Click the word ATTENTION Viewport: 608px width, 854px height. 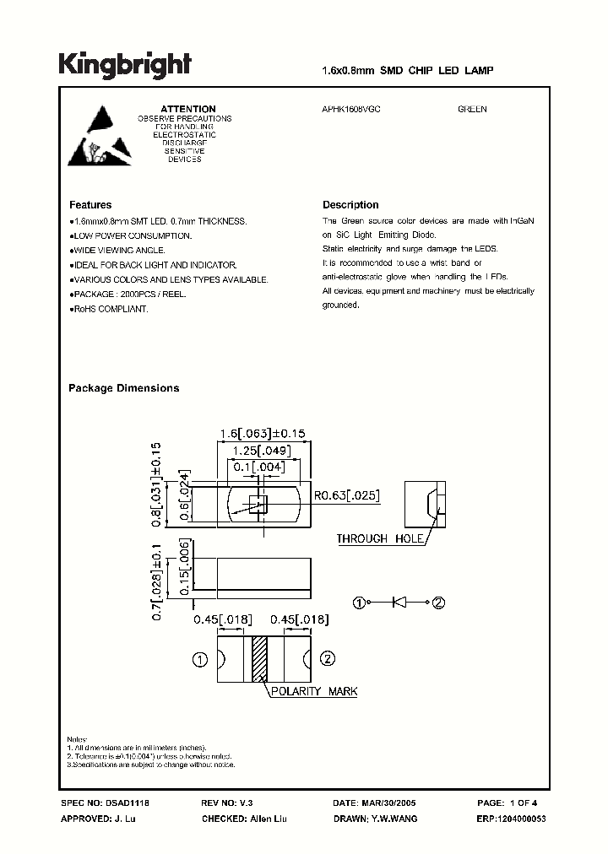coord(188,109)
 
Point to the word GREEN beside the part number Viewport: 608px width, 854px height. coord(472,109)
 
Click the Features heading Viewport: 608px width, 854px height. coord(90,205)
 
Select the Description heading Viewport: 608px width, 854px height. coord(350,205)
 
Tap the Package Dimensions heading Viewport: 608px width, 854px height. coord(123,388)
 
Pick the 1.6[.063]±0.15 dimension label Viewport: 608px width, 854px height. coord(262,434)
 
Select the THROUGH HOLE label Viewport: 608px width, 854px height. coord(374,538)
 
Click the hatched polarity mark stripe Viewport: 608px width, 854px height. coord(259,659)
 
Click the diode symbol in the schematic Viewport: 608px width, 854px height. coord(400,603)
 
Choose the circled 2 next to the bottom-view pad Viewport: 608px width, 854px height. coord(328,659)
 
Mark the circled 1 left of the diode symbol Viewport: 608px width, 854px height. coord(360,603)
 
